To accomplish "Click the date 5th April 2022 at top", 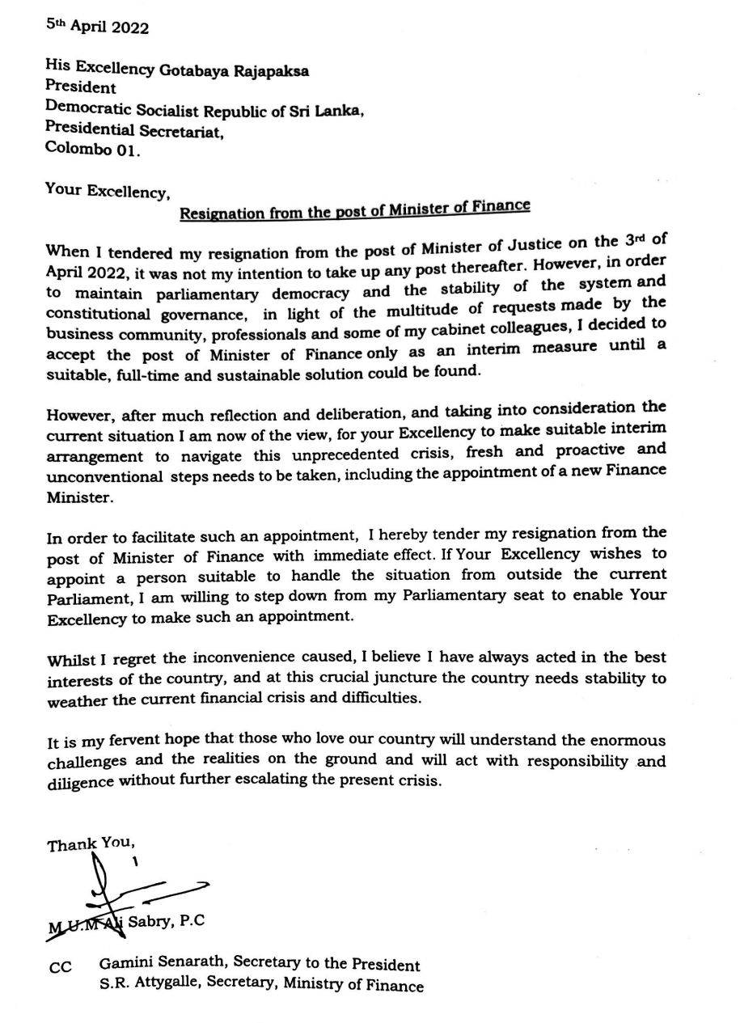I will pyautogui.click(x=97, y=27).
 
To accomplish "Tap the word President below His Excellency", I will pyautogui.click(x=81, y=88).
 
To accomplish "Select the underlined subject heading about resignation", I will pyautogui.click(x=354, y=210).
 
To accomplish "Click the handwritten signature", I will pyautogui.click(x=121, y=890).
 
